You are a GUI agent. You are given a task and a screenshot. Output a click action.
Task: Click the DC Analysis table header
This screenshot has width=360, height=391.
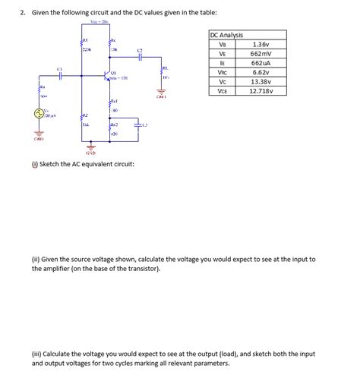[226, 35]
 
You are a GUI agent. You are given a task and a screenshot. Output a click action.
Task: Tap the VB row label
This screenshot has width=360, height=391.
[222, 44]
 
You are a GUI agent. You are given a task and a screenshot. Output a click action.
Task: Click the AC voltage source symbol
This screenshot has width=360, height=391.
[36, 114]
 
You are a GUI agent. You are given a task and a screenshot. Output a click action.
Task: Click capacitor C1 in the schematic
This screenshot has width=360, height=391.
[59, 74]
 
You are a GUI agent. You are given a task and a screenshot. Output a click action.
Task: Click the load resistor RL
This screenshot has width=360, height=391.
[162, 73]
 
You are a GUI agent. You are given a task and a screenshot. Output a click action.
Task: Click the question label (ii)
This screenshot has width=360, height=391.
[36, 259]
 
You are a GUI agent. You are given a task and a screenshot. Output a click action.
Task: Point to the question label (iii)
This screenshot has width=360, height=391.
[36, 354]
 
